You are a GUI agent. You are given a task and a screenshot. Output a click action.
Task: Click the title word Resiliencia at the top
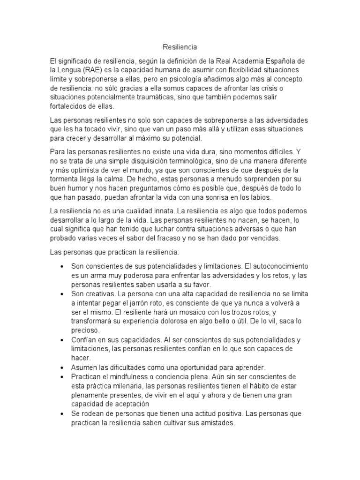pyautogui.click(x=180, y=47)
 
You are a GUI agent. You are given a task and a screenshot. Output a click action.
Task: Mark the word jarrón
pyautogui.click(x=142, y=303)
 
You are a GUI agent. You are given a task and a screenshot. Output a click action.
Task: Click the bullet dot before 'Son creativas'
pyautogui.click(x=62, y=294)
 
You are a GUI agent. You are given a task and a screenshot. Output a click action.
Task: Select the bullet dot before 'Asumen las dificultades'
pyautogui.click(x=62, y=367)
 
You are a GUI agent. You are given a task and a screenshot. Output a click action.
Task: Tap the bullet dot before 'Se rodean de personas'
pyautogui.click(x=62, y=413)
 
